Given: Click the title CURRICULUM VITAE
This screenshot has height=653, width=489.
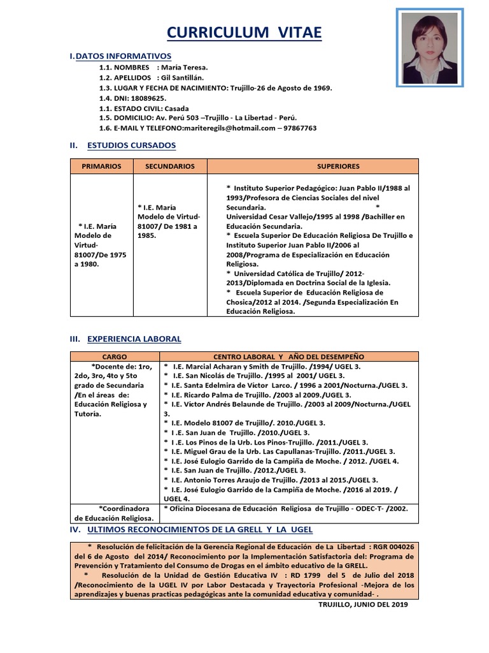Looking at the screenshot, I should pyautogui.click(x=244, y=33).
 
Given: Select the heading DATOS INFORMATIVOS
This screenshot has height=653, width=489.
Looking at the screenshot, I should pyautogui.click(x=123, y=57).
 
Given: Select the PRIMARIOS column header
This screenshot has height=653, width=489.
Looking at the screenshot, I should pyautogui.click(x=101, y=166).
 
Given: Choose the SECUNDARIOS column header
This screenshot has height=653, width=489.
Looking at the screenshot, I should pyautogui.click(x=169, y=166).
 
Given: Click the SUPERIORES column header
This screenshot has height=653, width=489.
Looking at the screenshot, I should pyautogui.click(x=338, y=166).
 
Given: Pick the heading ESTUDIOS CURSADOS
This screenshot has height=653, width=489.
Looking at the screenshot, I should pyautogui.click(x=131, y=145).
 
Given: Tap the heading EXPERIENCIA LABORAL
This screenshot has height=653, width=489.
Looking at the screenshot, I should pyautogui.click(x=134, y=339).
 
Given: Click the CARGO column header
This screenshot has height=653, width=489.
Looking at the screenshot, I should pyautogui.click(x=114, y=356).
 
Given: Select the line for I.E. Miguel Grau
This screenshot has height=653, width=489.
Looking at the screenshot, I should pyautogui.click(x=280, y=451).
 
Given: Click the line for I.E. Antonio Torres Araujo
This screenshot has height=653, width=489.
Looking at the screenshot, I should pyautogui.click(x=271, y=480).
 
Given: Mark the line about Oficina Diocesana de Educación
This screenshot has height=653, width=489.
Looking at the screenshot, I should pyautogui.click(x=285, y=508).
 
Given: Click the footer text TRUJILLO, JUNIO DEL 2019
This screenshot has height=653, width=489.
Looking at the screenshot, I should pyautogui.click(x=363, y=605).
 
